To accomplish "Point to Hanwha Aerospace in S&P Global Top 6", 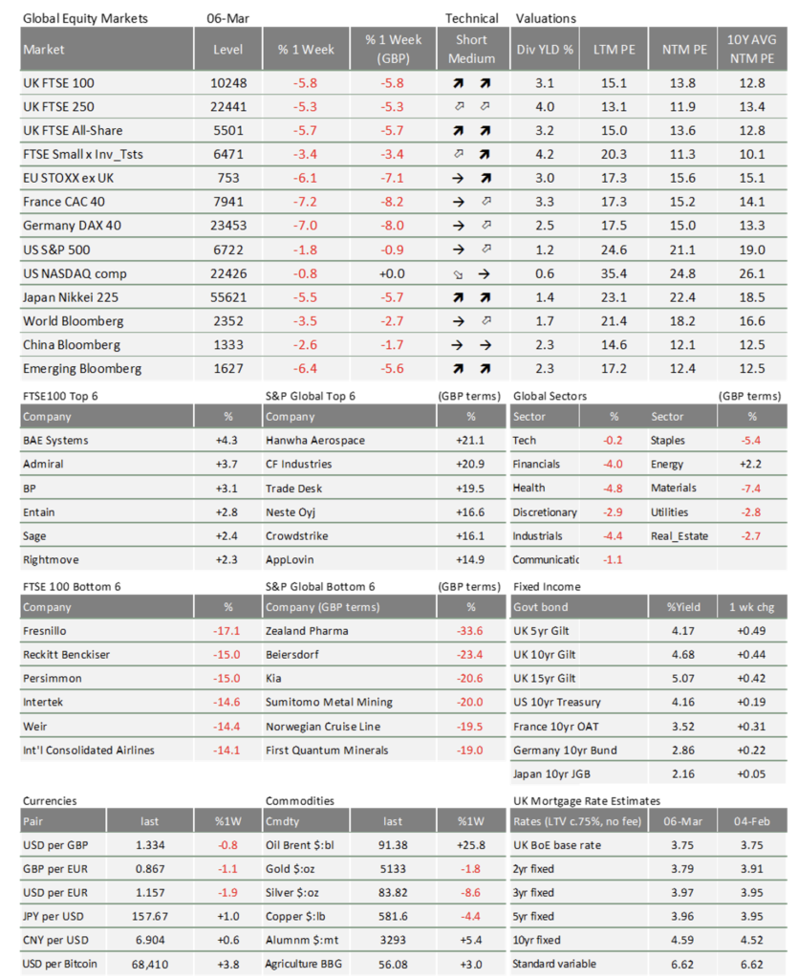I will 316,440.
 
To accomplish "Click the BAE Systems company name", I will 55,440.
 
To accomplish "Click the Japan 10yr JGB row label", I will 554,772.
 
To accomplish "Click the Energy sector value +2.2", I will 751,464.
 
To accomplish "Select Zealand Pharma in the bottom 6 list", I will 307,631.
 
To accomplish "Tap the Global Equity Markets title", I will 88,18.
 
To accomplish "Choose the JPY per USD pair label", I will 54,916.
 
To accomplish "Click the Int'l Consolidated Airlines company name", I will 88,750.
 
